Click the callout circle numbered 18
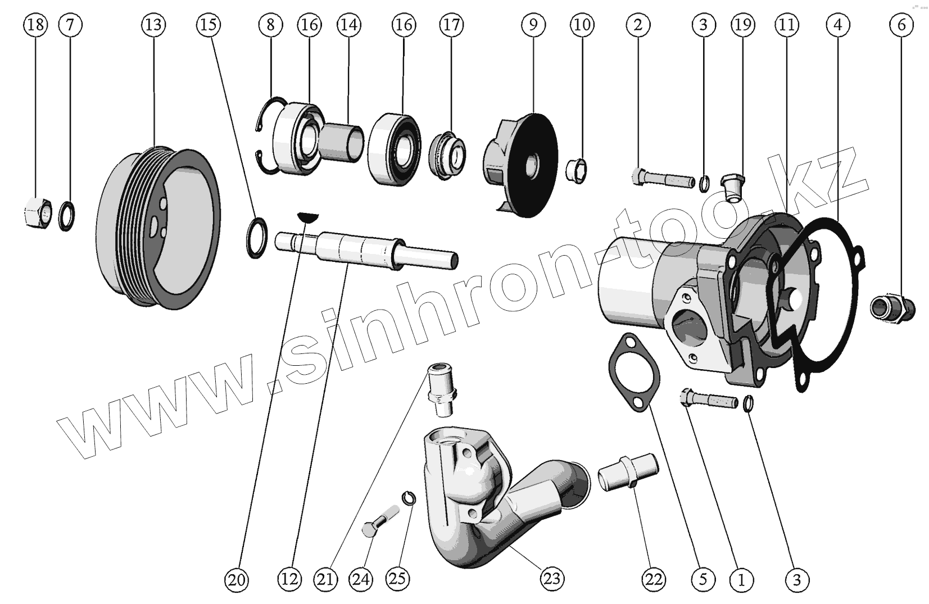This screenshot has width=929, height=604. [x=35, y=25]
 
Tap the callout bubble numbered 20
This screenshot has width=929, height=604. [x=237, y=579]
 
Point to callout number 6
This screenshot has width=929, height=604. [x=901, y=25]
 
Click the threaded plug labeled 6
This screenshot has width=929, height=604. [x=891, y=308]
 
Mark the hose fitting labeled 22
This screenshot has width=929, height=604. [x=628, y=473]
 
